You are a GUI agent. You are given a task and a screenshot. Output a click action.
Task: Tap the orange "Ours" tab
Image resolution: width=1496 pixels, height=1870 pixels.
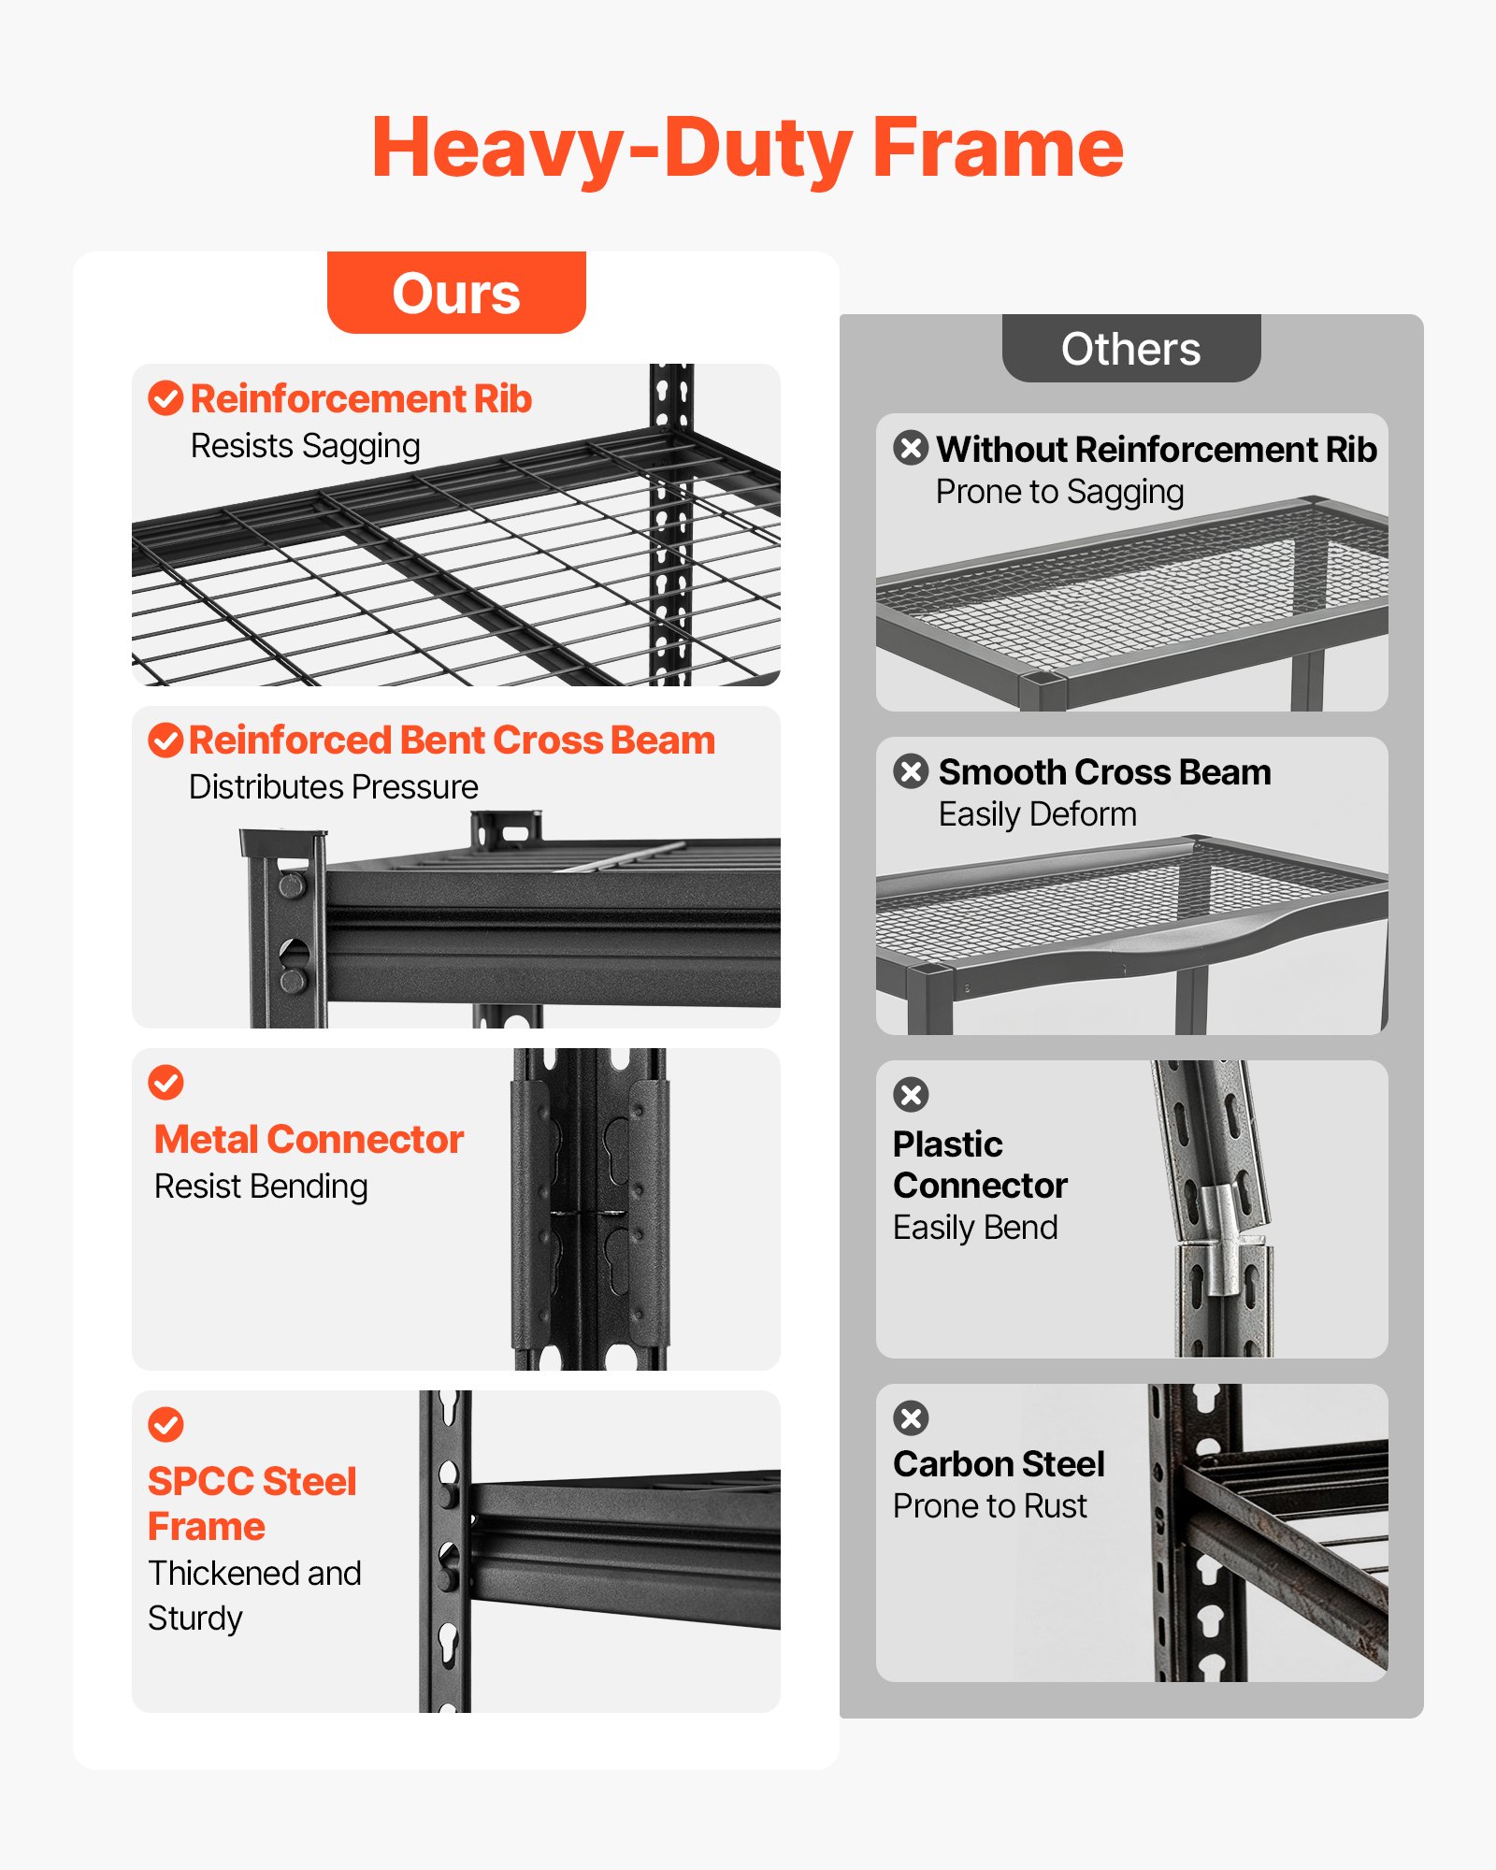coord(456,293)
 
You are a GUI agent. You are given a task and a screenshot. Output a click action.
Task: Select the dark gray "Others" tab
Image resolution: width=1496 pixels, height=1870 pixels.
coord(1131,349)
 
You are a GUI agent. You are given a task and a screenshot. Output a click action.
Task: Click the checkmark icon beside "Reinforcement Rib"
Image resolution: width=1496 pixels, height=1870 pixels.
coord(165,398)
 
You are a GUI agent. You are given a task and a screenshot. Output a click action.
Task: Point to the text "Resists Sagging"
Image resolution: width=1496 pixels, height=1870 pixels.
coord(306,447)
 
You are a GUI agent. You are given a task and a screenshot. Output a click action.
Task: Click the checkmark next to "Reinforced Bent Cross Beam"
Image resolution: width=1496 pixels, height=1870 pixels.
coord(165,741)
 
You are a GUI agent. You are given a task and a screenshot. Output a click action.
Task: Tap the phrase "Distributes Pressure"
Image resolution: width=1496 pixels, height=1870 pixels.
coord(334,787)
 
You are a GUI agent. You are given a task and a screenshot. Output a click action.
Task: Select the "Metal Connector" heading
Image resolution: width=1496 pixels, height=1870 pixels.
coord(309,1140)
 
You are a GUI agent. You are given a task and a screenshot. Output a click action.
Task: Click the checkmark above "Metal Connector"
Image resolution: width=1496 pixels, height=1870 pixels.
coord(165,1083)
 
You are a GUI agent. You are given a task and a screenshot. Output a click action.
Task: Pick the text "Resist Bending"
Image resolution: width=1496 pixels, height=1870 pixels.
coord(261,1187)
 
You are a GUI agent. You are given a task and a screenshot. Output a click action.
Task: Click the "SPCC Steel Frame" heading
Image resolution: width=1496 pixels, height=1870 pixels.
coord(252,1503)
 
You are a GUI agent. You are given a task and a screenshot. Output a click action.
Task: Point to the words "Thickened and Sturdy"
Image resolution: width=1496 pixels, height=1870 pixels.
coord(254,1595)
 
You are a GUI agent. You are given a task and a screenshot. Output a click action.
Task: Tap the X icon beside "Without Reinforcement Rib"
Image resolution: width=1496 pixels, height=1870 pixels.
coord(911,448)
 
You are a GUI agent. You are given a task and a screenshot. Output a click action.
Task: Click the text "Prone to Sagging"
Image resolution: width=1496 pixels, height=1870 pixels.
coord(1060,493)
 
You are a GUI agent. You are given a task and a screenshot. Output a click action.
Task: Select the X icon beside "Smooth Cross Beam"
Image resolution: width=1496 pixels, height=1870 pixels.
coord(911,771)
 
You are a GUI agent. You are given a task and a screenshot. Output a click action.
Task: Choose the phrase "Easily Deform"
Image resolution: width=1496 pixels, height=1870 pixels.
coord(1038,815)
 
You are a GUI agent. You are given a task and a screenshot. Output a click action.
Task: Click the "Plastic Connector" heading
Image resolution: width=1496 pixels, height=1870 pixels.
coord(980,1165)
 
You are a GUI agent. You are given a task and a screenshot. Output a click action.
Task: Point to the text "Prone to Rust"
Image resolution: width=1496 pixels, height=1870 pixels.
coord(990,1506)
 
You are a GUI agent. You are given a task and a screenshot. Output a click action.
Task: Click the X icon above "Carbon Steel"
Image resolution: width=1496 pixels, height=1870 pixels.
coord(911,1417)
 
